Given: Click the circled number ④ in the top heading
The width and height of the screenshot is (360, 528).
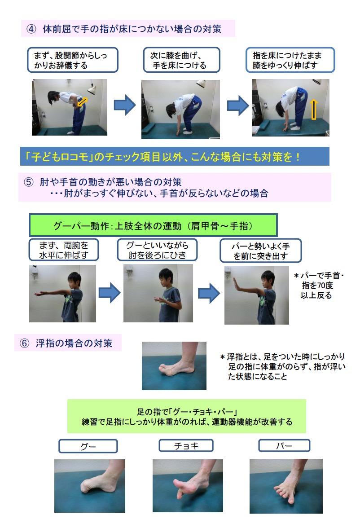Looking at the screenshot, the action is [31, 29].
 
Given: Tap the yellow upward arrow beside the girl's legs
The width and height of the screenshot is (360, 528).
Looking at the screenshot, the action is [313, 110].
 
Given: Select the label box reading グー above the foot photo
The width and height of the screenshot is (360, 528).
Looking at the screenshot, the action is [88, 446].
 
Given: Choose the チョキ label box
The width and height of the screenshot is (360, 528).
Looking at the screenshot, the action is [186, 445].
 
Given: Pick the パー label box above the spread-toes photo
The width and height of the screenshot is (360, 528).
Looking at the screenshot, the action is [284, 445].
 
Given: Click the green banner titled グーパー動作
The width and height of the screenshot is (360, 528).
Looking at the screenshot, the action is [153, 225].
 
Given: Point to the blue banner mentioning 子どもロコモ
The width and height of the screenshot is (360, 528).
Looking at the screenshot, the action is [175, 156].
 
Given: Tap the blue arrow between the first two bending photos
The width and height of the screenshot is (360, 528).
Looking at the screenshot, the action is [125, 105].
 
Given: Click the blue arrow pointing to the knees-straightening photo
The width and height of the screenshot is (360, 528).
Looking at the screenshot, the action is [238, 106].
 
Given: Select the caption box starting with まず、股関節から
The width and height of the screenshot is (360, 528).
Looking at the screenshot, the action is [73, 60].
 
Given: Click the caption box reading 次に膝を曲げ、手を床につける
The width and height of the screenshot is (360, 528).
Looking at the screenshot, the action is [181, 60].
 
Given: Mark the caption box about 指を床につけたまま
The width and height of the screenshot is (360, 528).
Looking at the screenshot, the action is [290, 60].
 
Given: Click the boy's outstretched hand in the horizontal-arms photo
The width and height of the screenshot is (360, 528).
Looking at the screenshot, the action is [41, 294].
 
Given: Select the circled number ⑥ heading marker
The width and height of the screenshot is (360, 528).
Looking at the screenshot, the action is [24, 343].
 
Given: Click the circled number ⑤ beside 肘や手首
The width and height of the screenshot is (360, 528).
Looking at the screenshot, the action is [29, 182].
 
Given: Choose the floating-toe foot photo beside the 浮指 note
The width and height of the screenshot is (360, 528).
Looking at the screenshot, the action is [174, 365].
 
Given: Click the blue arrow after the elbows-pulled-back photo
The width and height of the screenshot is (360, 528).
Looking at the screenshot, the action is [209, 293].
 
